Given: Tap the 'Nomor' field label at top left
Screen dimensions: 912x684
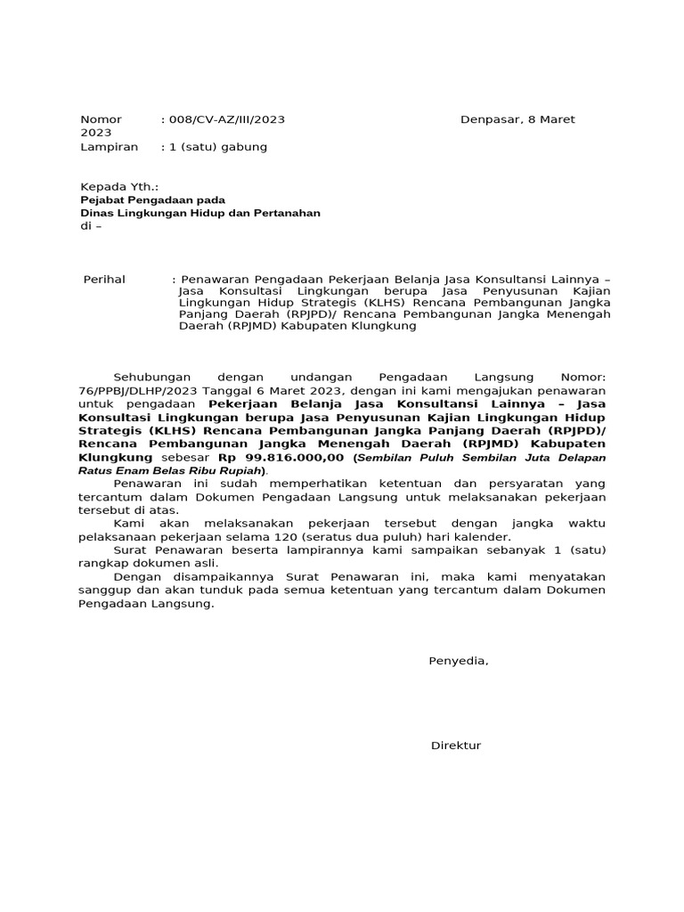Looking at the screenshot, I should tap(101, 119).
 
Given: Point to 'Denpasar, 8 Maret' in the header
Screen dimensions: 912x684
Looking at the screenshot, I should tap(517, 119).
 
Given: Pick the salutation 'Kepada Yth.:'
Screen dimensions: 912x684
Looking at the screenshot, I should tap(119, 186).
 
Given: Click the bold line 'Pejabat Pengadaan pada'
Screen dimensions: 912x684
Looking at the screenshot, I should tap(152, 199).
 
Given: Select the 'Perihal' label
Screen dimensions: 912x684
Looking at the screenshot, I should tap(104, 280).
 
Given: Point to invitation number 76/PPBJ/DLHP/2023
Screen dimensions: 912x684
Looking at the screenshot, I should tap(139, 390).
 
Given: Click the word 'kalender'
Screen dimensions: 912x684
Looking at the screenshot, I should tap(485, 537).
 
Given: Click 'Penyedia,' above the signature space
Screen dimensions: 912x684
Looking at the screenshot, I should tap(459, 661).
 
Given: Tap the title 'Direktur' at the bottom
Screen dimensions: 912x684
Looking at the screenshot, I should tap(456, 745).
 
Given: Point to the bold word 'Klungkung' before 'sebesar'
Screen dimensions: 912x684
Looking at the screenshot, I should tap(116, 457).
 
